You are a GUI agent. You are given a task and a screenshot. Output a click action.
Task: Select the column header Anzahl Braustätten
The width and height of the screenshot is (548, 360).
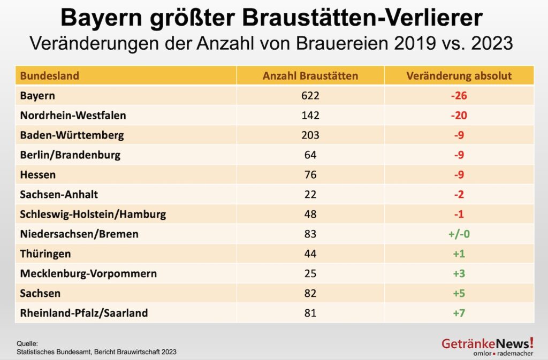pos(310,75)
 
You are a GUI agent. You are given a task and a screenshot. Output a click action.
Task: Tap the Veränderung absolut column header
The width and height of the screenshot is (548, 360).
pos(459,75)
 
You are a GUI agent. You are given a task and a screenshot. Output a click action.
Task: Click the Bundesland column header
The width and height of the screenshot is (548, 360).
pos(49,75)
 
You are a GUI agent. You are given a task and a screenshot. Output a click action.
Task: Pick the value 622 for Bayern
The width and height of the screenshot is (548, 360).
pos(310,96)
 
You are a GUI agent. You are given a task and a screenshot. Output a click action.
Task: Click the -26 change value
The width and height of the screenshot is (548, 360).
pos(459,96)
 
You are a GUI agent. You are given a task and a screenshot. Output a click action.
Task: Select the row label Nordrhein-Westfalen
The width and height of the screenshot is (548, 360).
pos(73,116)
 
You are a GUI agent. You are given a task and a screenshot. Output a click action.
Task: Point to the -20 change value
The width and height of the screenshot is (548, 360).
pos(459,116)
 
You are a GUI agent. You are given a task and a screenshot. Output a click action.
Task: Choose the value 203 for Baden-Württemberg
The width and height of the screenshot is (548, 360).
pos(310,135)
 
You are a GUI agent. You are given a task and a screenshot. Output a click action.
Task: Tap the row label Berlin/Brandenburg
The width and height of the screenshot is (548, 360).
pos(70,155)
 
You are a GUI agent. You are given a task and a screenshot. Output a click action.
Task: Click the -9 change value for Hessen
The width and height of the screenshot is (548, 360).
pos(459,175)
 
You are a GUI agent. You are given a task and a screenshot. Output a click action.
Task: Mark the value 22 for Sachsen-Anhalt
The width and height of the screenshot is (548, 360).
pos(310,195)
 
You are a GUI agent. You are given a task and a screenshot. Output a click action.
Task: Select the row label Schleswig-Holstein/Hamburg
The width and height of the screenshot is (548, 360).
pos(93,215)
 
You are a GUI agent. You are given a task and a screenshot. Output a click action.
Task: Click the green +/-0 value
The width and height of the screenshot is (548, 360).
pos(459,234)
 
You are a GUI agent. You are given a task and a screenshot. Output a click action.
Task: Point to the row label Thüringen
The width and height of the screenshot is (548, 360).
pos(45,254)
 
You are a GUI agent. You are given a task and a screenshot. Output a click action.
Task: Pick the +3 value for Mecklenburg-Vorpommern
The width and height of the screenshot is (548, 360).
pos(459,274)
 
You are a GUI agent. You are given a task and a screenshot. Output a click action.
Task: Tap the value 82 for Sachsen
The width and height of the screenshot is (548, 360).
pos(310,294)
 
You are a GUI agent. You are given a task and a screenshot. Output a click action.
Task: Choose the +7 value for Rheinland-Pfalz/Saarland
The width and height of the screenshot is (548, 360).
pos(459,313)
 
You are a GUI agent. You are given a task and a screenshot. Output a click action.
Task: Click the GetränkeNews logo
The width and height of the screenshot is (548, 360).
pos(487,345)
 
